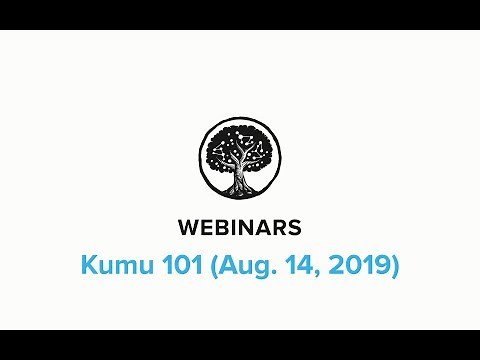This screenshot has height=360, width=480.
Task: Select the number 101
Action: [172, 267]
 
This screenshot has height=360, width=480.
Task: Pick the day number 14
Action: [286, 267]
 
